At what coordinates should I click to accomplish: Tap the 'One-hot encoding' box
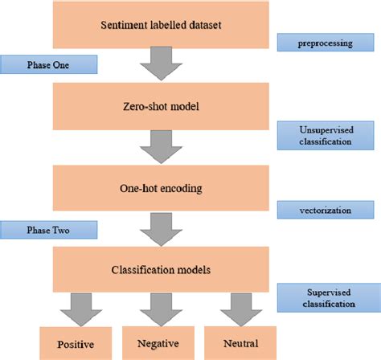162,189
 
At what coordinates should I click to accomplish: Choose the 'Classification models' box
162,269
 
